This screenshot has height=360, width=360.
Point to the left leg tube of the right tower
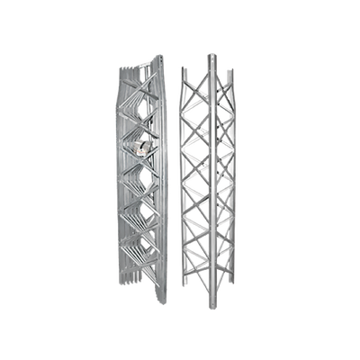(186, 180)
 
